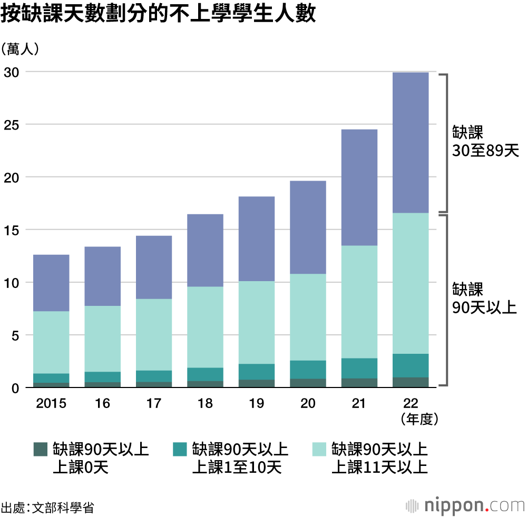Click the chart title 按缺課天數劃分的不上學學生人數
coord(158,15)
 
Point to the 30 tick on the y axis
coord(11,72)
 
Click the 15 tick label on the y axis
coord(11,230)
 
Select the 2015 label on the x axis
coord(51,404)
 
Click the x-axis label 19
coord(257,404)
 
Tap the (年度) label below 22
coord(411,419)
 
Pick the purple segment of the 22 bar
coord(411,142)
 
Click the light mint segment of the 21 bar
coord(359,302)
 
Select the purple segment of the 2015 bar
coord(51,283)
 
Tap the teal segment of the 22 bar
coord(411,365)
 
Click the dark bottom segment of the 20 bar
coord(308,383)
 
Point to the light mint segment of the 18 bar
coord(206,327)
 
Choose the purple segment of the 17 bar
coord(154,267)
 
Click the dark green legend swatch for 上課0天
coord(40,449)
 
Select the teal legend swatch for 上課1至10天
coord(180,449)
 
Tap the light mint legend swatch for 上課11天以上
coord(319,449)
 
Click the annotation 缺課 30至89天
coord(485,142)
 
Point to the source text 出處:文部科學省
coord(47,508)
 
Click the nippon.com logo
coord(466,505)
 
